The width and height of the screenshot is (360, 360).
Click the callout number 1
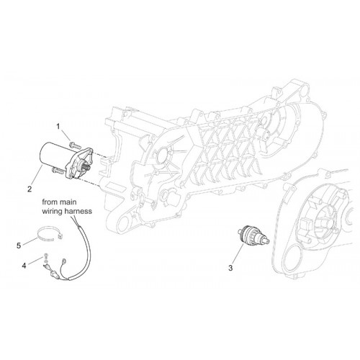click(x=58, y=127)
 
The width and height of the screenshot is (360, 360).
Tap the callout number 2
click(x=30, y=189)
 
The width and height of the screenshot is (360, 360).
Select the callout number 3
click(x=230, y=268)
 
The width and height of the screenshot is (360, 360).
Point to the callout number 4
click(x=24, y=266)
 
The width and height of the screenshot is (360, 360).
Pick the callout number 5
click(x=19, y=246)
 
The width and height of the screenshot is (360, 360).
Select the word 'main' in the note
click(x=68, y=202)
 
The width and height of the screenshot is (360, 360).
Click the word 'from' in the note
click(x=50, y=202)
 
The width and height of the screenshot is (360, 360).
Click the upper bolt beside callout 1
click(x=73, y=145)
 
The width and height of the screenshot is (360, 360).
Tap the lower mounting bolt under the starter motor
click(x=58, y=171)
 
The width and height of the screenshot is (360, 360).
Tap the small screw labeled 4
click(x=45, y=256)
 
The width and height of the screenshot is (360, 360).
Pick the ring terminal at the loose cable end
click(x=64, y=261)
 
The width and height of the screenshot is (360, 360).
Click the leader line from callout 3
click(x=238, y=254)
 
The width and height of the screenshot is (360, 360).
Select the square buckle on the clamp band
click(x=60, y=236)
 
